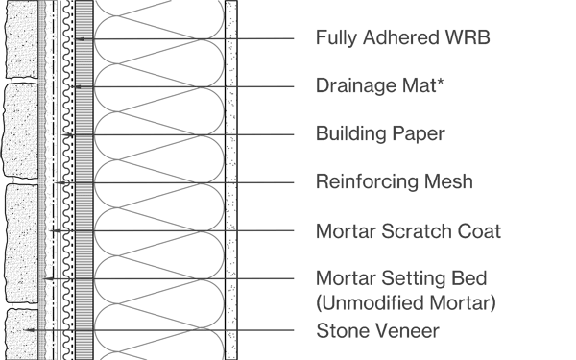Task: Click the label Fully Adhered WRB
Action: (403, 39)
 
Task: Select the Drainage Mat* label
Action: (378, 86)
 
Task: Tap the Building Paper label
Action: (380, 134)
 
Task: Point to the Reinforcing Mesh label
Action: (394, 181)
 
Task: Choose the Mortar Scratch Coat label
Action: (408, 231)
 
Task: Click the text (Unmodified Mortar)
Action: (405, 304)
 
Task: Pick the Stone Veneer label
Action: (377, 331)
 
